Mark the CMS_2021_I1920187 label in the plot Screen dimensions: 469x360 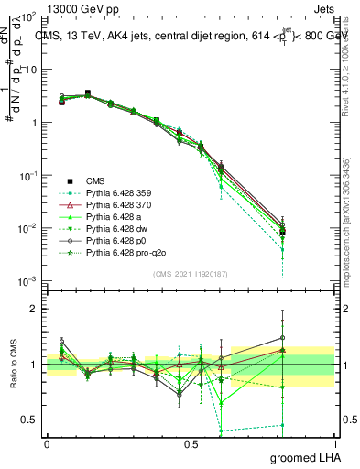pyautogui.click(x=190, y=273)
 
